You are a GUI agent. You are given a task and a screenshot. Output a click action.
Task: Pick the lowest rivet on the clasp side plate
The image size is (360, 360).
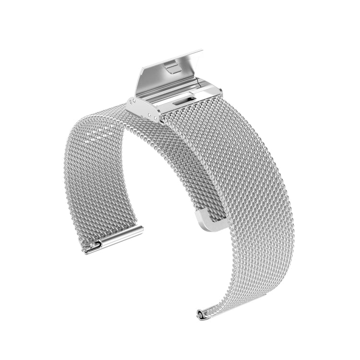tap(157, 118)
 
